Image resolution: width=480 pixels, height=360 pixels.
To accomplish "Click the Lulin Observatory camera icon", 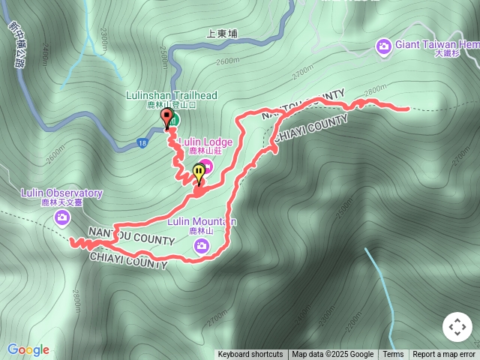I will click(62, 217).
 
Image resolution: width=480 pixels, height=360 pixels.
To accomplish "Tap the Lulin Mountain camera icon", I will click(201, 245).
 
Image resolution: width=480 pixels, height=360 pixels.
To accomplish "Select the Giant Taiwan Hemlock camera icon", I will click(384, 47).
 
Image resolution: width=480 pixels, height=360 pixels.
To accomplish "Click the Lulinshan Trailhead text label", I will click(171, 95).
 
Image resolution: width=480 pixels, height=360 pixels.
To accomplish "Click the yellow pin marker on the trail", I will click(199, 172).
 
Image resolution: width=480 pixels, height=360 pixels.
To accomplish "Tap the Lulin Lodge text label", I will click(205, 142).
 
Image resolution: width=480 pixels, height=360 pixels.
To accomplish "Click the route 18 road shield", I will click(142, 143).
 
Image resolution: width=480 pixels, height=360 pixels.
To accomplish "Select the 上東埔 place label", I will click(222, 34).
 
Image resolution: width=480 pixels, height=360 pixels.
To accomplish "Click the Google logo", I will click(28, 349).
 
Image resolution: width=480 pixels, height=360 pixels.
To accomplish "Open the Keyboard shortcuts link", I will click(250, 355).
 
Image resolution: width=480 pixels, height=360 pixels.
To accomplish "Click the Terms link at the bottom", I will click(393, 355).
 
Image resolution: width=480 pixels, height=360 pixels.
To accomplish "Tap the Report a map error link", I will click(444, 355).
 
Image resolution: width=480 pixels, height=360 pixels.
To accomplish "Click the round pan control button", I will click(457, 327).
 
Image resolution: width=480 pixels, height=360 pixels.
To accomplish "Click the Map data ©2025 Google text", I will click(333, 355).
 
